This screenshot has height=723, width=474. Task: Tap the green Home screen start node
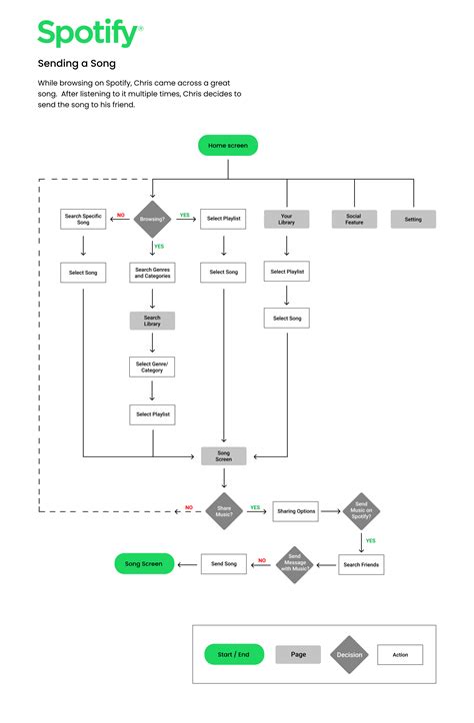pos(228,146)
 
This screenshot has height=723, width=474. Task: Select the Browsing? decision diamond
pos(153,217)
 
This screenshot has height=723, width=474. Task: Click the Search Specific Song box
pos(83,218)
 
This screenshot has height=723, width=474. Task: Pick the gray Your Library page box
pos(286,219)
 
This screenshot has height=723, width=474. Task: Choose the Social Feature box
pos(354,219)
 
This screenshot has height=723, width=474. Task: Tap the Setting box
pos(413,219)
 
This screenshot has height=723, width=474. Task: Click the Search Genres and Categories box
pos(153,273)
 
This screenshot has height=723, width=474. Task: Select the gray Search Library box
pos(152,321)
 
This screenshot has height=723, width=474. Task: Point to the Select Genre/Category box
pos(152,367)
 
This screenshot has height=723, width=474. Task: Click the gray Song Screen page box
pos(224,455)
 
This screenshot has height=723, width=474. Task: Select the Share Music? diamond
pos(224,510)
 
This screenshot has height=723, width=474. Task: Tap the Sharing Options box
pos(296,511)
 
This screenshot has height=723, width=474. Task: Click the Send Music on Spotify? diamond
pos(361,510)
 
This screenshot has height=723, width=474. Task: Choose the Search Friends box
pos(361,564)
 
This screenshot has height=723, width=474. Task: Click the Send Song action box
pos(224,564)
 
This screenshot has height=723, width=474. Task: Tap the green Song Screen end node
pos(144,564)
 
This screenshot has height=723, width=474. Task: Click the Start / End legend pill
pos(233,655)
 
